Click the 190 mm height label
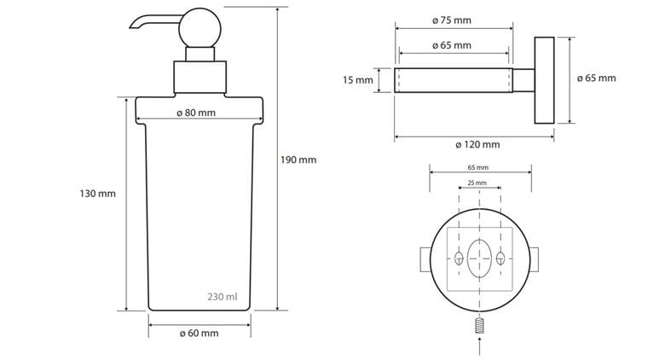[x=298, y=160]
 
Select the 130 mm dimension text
[x=97, y=194]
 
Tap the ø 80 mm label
[x=196, y=113]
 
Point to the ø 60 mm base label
[x=199, y=334]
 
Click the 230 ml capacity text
[x=223, y=297]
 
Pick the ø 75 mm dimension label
[x=452, y=20]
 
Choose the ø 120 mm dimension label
[x=477, y=145]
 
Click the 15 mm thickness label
[x=358, y=80]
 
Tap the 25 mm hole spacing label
[x=477, y=183]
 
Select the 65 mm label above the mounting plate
[x=478, y=168]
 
